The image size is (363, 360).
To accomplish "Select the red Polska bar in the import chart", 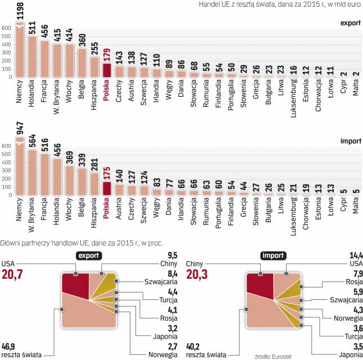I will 107,188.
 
